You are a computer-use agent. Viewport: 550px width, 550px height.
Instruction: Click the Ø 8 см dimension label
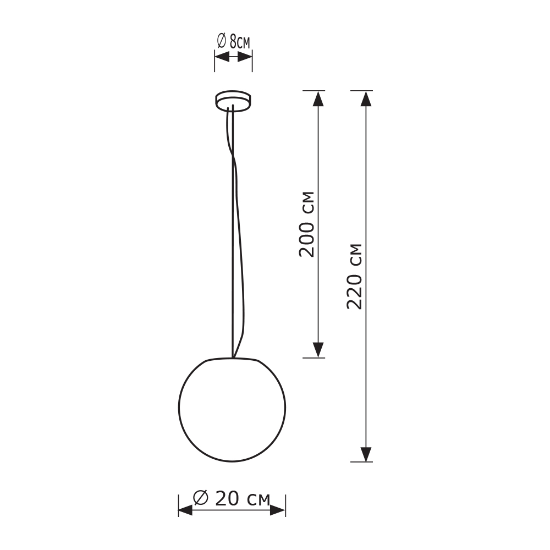tap(234, 41)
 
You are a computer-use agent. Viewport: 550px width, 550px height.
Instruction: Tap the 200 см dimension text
tap(307, 224)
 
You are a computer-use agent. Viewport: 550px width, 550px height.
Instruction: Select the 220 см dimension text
tap(355, 276)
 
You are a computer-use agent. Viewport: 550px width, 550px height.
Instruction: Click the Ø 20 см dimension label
tap(232, 498)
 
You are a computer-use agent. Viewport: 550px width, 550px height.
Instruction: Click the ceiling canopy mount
tap(233, 101)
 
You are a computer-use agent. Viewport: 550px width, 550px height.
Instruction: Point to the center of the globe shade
tap(232, 408)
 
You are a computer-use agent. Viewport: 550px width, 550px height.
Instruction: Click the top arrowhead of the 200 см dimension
tap(318, 98)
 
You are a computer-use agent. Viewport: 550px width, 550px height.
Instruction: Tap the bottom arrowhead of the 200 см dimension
tap(318, 350)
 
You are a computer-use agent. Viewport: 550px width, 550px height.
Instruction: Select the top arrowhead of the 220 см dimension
tap(366, 98)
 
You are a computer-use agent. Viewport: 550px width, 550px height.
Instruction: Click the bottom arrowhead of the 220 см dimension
tap(366, 454)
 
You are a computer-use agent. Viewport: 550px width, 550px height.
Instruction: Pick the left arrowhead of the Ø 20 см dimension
tap(186, 510)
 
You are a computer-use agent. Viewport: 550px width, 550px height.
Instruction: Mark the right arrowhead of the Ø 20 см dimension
tap(278, 510)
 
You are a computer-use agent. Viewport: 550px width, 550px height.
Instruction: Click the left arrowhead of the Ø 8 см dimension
tap(222, 57)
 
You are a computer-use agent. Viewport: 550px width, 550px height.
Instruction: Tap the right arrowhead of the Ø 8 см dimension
tap(245, 57)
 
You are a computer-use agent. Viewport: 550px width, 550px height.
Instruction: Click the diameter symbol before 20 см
tap(201, 498)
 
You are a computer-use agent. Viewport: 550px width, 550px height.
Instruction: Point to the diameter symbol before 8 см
tap(221, 41)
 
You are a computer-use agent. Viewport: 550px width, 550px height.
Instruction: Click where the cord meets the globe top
tap(233, 358)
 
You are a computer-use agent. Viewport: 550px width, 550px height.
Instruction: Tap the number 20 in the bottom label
tap(227, 498)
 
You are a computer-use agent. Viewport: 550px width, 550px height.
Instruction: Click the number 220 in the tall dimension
tap(355, 291)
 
